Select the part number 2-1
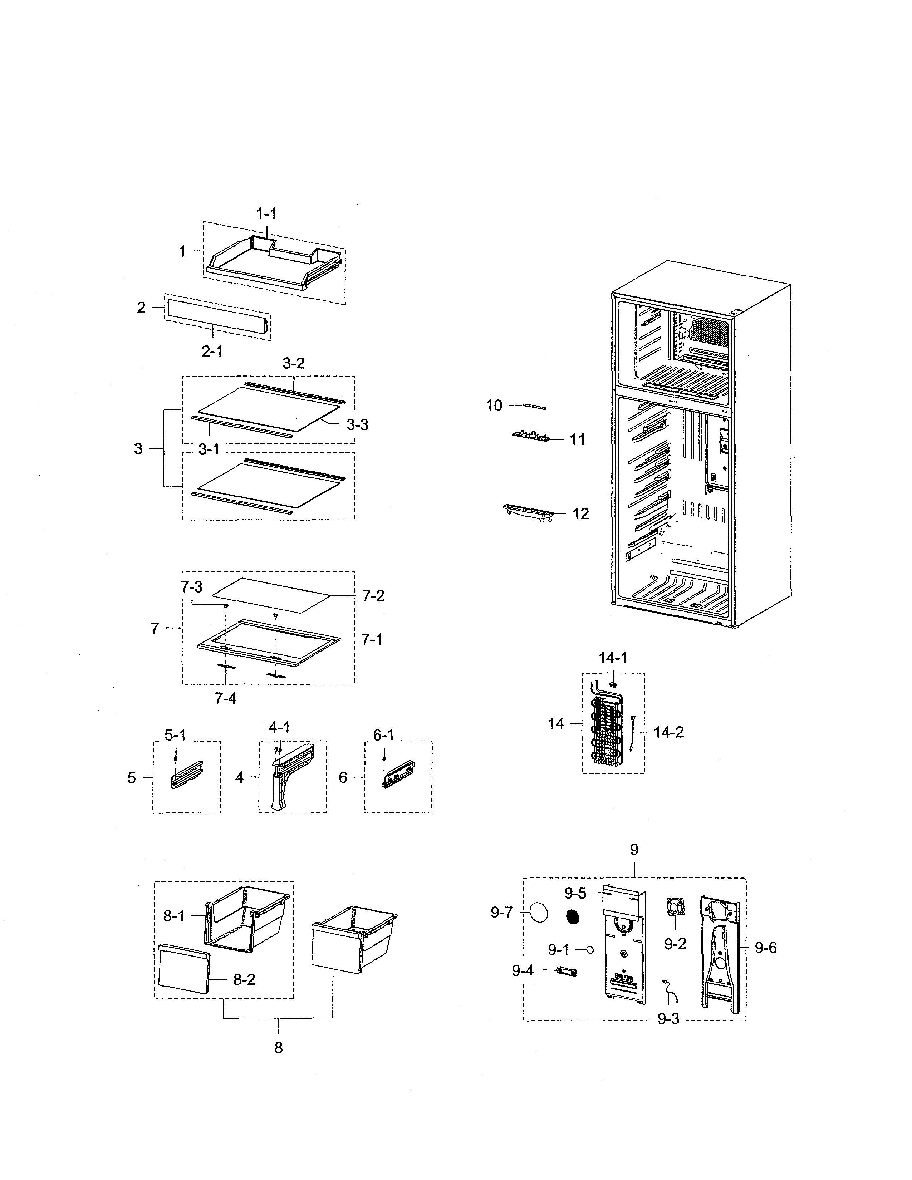pos(212,352)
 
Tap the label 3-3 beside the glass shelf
pos(357,425)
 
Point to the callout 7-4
pos(225,699)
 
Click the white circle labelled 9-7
pos(539,913)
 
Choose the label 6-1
pos(384,735)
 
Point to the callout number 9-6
pos(766,948)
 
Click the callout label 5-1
pos(175,735)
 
